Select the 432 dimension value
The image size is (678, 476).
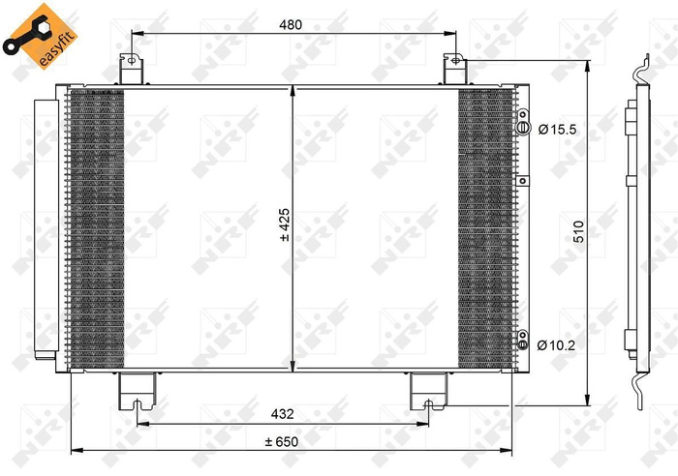(x=283, y=413)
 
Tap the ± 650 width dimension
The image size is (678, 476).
(x=282, y=441)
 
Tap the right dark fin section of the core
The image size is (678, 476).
(x=482, y=227)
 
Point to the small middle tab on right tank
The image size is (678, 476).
(x=522, y=180)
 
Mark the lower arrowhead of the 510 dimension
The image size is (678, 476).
(x=588, y=400)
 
